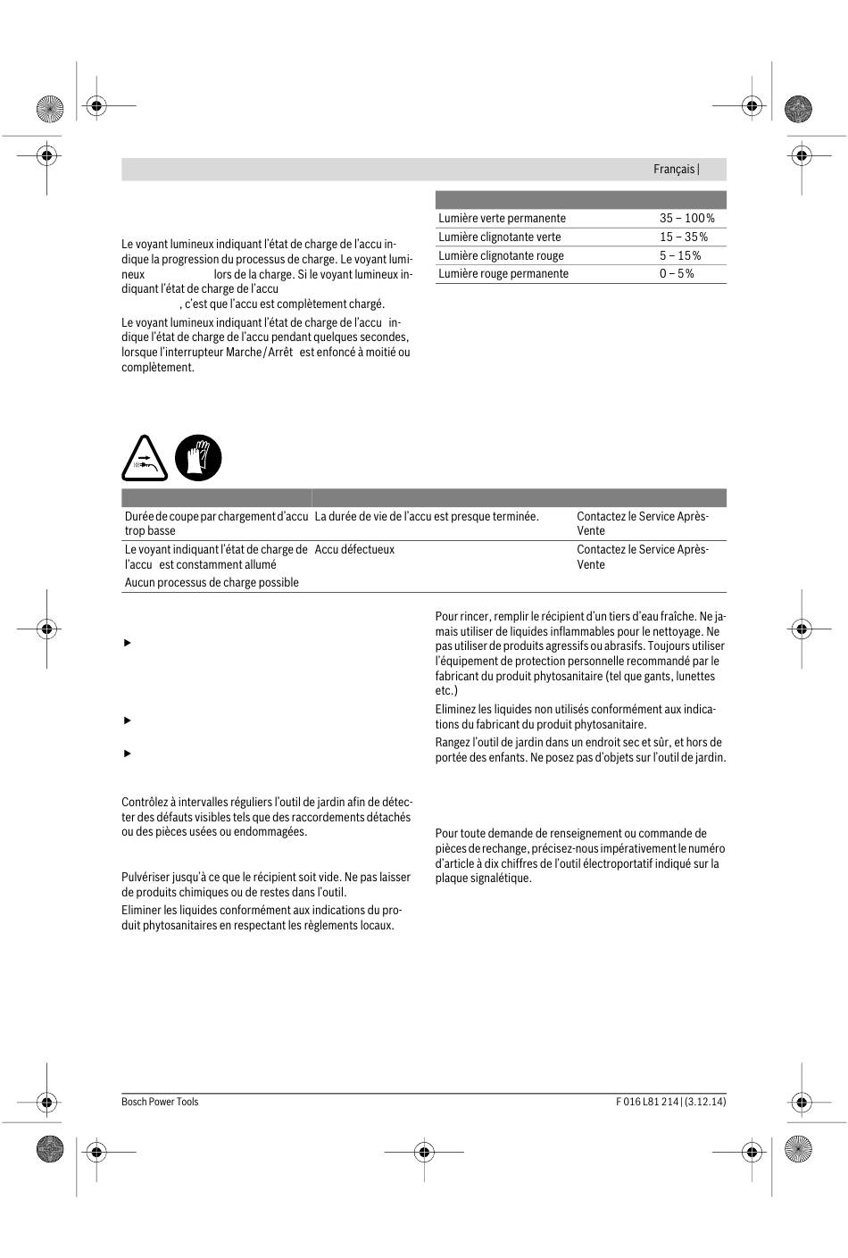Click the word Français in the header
coord(673,169)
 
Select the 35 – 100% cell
coord(686,218)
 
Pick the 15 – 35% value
coord(683,237)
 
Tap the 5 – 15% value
coord(679,255)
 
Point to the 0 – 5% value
coord(677,273)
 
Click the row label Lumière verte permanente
coord(502,218)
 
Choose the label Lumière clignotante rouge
coord(501,255)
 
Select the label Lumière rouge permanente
coord(503,273)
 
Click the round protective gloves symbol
coord(198,458)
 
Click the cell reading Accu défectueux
coord(354,549)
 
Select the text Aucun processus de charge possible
coord(212,582)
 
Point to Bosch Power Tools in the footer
coord(160,1102)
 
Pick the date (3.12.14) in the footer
coord(705,1102)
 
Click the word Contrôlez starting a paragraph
coord(145,802)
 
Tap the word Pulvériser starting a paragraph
coord(145,877)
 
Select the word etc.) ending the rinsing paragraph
coord(446,690)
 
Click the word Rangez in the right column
coord(453,742)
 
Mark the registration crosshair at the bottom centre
coord(424,1152)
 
